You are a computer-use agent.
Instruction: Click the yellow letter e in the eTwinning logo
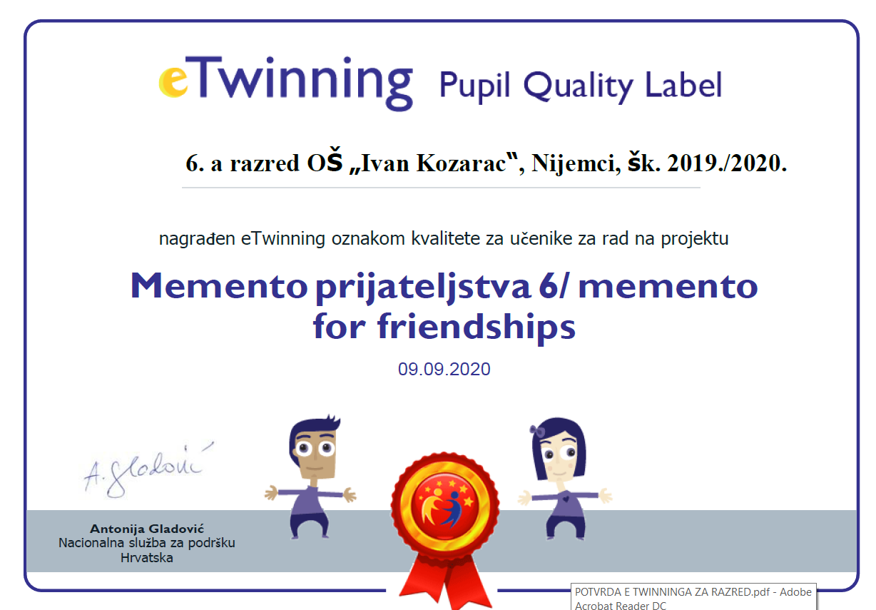click(173, 81)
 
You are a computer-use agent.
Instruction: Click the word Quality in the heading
click(578, 86)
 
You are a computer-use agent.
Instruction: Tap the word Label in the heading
click(683, 84)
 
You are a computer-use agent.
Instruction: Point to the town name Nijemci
click(576, 163)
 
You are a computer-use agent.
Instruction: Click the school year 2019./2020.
click(727, 163)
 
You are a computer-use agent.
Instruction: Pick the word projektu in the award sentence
click(695, 239)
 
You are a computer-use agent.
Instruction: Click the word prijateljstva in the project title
click(423, 288)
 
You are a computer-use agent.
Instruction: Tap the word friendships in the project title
click(476, 327)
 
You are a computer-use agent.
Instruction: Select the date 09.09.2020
click(444, 369)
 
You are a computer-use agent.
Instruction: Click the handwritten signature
click(148, 469)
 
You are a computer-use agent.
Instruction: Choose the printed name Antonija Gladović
click(147, 529)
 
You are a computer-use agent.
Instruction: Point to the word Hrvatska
click(147, 558)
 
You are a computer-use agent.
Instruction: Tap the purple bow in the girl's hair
click(537, 431)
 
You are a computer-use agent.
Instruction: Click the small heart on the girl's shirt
click(566, 499)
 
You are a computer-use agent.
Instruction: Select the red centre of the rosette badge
click(445, 506)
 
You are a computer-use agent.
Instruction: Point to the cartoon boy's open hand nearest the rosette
click(350, 494)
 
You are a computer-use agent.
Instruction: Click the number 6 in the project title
click(549, 286)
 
